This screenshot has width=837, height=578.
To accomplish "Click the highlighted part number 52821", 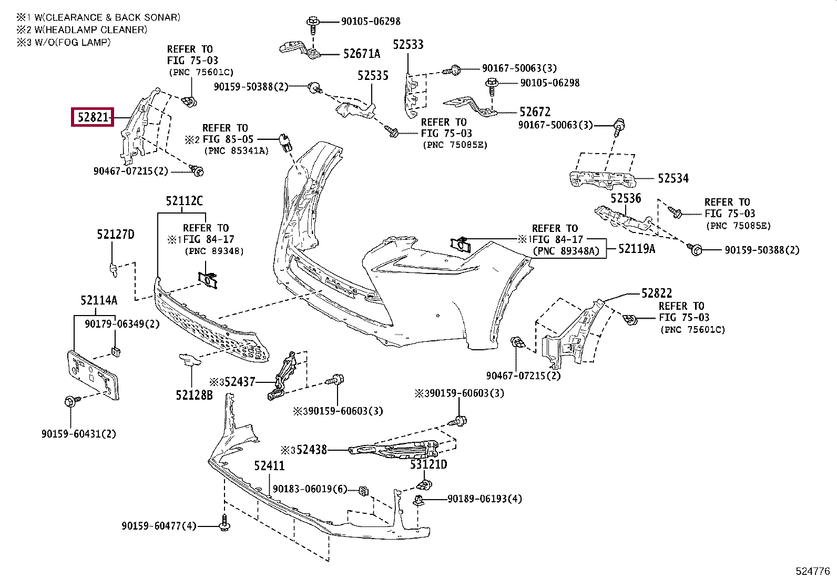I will (93, 117).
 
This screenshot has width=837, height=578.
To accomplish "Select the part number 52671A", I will (361, 54).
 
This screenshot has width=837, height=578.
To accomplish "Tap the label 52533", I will (409, 45).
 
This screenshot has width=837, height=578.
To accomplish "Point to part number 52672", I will (535, 112).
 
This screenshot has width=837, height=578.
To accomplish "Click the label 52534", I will (673, 179).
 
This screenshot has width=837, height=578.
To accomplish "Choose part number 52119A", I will (637, 249).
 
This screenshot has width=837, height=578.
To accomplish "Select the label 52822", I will (657, 293).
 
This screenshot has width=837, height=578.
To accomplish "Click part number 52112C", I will (184, 201).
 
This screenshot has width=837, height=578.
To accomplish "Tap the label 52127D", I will (115, 235).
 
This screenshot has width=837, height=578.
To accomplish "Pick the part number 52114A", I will (99, 301).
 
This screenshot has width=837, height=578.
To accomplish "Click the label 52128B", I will (194, 395).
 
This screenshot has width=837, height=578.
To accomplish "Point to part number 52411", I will (269, 466).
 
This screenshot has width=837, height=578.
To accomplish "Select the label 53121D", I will (428, 464).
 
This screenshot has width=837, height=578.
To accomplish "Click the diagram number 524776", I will (812, 571).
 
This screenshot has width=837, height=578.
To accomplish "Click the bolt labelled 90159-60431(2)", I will (69, 402).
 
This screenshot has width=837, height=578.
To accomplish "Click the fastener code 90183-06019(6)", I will (310, 490).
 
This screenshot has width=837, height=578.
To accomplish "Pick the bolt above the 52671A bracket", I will (312, 23).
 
